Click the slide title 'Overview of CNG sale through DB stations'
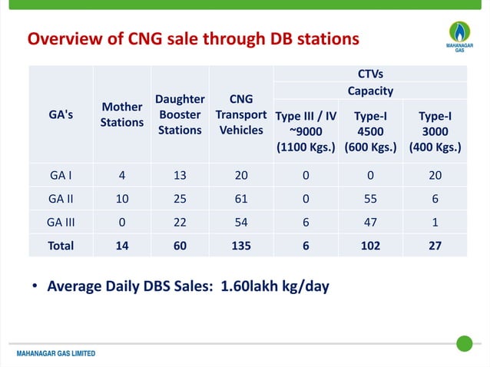point(193,38)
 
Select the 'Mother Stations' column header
point(122,114)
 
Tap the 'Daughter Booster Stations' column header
point(180,114)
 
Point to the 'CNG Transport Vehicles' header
point(241,114)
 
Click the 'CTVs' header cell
point(370,74)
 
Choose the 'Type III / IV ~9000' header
point(306,131)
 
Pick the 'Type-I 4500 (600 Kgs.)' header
point(370,131)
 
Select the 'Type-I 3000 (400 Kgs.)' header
point(435,131)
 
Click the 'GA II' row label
point(61,198)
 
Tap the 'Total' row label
point(61,246)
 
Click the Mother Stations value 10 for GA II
point(122,198)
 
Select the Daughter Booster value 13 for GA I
point(180,174)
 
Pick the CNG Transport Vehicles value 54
point(241,222)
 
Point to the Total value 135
point(241,246)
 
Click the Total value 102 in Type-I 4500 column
point(370,246)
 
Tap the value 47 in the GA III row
point(370,222)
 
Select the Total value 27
point(435,246)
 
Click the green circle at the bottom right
point(464,343)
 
